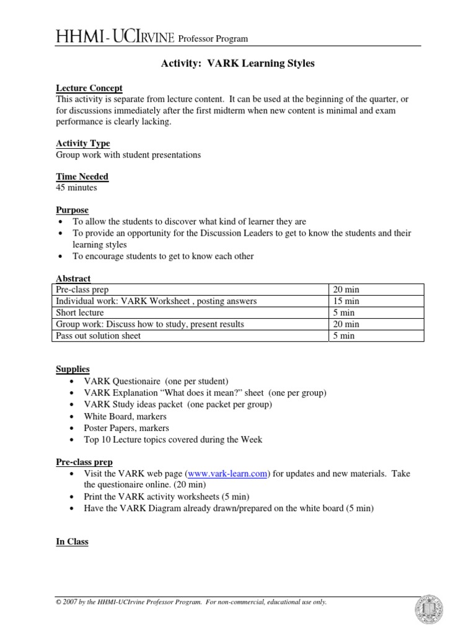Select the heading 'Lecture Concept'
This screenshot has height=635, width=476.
tap(89, 88)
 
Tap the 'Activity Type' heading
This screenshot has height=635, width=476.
tap(83, 143)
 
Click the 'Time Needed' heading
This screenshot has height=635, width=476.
tap(82, 177)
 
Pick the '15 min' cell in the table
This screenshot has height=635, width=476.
tap(346, 301)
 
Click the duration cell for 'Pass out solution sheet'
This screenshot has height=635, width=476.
tap(343, 336)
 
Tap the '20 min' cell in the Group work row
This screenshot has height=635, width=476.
tap(346, 324)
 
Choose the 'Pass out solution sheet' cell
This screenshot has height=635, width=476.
tap(99, 336)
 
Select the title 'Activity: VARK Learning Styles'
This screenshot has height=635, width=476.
tap(238, 64)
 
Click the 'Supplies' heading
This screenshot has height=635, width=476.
tap(73, 369)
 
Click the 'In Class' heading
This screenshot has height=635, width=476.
tap(72, 541)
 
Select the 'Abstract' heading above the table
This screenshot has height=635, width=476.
tap(73, 279)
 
